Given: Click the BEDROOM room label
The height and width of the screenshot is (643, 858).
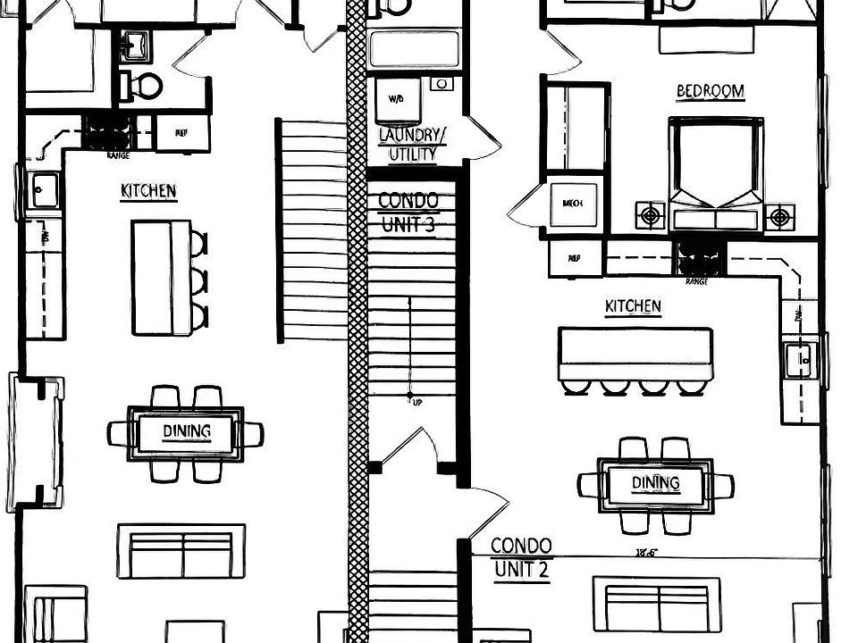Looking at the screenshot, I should point(711,91).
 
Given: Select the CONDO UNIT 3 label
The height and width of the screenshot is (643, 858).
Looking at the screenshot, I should point(408,213).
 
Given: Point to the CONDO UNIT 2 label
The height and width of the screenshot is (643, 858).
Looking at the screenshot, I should point(520,557).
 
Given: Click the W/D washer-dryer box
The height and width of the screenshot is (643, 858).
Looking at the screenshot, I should point(396,99).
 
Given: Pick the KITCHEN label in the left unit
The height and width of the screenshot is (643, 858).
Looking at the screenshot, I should point(148,191).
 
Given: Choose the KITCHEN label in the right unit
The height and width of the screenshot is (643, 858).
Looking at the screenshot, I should point(633,307).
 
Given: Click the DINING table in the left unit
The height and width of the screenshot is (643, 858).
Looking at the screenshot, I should point(186,433).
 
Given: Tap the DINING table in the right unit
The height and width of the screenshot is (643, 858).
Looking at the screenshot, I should point(656,484).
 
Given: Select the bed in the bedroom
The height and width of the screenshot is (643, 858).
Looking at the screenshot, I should point(716,174).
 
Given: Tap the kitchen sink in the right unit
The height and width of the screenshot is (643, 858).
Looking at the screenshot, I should point(798,361).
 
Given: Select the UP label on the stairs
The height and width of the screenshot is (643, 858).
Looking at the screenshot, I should point(417,403).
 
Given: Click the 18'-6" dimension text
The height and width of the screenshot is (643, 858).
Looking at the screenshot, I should point(646,553).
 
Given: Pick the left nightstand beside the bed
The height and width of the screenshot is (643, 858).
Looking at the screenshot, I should point(650,216).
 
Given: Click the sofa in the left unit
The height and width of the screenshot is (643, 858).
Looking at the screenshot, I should point(181,551).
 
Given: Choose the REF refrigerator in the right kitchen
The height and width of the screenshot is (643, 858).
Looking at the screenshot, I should point(573,258).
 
